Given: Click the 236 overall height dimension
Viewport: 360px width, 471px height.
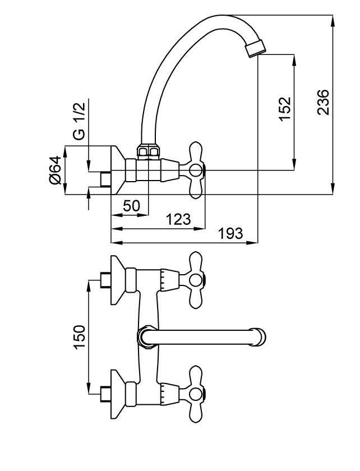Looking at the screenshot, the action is pyautogui.click(x=324, y=102).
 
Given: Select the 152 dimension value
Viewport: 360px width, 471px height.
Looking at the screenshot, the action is pyautogui.click(x=285, y=109).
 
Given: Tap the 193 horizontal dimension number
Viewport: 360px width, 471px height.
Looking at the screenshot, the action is pyautogui.click(x=230, y=233).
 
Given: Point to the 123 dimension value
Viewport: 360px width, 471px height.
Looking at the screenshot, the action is pyautogui.click(x=178, y=219).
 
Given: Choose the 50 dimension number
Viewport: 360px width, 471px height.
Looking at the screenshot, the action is pyautogui.click(x=131, y=206).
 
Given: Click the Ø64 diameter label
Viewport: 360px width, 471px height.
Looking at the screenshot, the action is pyautogui.click(x=55, y=170).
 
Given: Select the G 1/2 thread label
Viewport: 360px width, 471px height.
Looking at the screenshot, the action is pyautogui.click(x=79, y=121).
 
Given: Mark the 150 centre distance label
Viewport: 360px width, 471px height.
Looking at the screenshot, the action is pyautogui.click(x=80, y=337).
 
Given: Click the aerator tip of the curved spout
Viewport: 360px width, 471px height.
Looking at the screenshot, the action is pyautogui.click(x=256, y=48).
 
